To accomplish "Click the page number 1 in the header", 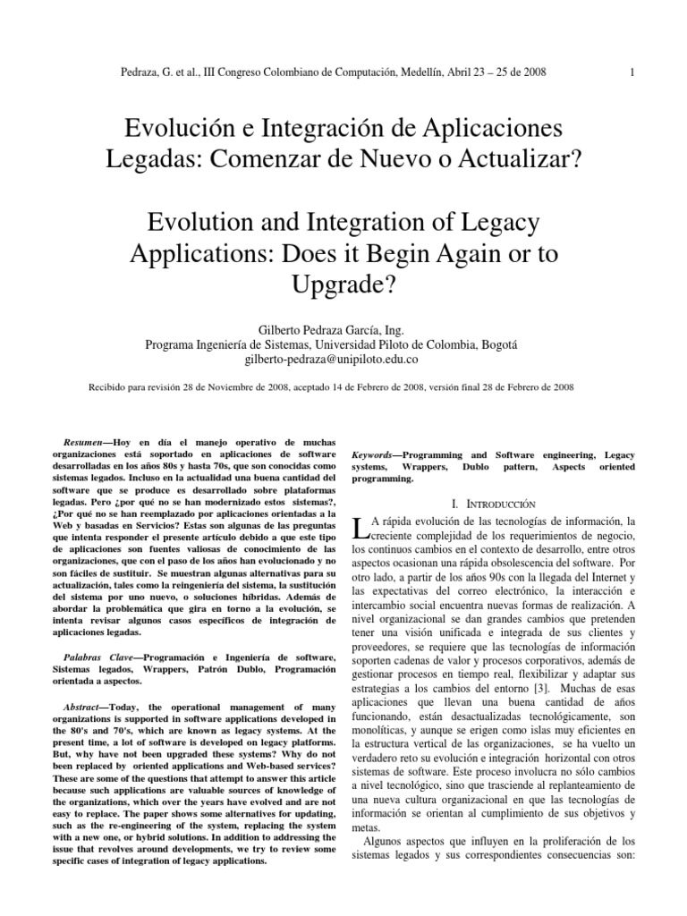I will (632, 72).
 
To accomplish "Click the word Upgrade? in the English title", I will (343, 287).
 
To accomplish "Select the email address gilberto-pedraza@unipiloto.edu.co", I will (343, 360).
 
